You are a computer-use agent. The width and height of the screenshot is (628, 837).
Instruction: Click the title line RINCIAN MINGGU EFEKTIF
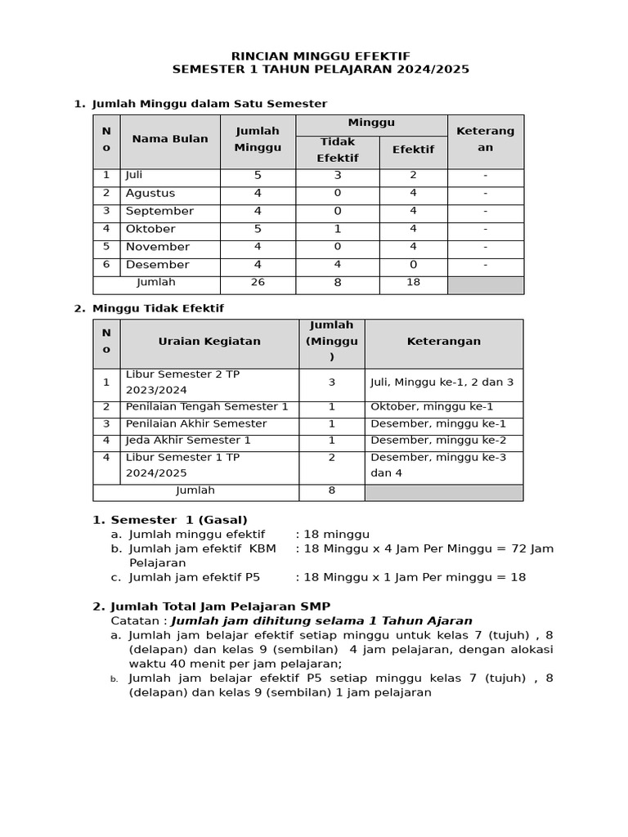[321, 56]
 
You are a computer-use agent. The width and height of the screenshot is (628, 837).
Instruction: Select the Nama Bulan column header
[170, 139]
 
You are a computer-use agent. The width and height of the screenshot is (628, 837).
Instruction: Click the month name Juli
[134, 175]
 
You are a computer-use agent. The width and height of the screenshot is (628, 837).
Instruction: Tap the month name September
[159, 211]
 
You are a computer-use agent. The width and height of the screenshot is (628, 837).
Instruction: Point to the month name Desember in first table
[157, 265]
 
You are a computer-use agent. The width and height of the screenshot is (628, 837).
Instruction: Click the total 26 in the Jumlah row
[258, 283]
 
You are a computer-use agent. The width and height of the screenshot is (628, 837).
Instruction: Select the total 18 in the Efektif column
[413, 283]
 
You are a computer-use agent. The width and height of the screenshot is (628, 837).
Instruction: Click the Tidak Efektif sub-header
[337, 150]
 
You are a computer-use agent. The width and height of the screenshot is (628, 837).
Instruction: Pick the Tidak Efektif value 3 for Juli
[337, 175]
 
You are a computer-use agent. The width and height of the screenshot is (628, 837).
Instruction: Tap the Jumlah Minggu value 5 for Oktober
[258, 229]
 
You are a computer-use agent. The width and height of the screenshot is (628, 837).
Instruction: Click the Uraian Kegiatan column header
[209, 342]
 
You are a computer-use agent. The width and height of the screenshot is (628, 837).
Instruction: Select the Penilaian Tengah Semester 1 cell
[207, 406]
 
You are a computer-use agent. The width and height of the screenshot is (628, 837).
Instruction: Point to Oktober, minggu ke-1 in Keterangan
[432, 406]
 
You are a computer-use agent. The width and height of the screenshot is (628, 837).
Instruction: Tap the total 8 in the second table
[331, 491]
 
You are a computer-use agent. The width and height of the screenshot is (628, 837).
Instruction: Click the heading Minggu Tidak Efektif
[158, 308]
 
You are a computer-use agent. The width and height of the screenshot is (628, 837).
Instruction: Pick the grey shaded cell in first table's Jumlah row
[485, 284]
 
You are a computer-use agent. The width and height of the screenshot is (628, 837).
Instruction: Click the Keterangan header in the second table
[443, 342]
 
